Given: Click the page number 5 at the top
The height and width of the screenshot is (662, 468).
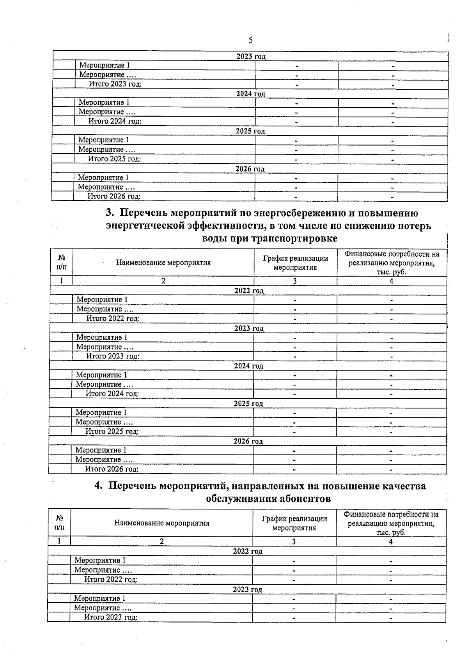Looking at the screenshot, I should click(x=250, y=40).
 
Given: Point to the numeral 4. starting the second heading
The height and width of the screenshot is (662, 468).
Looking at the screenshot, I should click(x=99, y=486).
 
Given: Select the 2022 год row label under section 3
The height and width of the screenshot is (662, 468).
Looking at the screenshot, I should click(x=249, y=291).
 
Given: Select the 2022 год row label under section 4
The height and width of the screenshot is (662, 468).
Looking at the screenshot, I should click(x=248, y=551).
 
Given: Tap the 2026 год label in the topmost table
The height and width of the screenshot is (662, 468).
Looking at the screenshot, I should click(x=250, y=169).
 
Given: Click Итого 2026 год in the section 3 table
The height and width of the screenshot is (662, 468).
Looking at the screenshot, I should click(x=112, y=469).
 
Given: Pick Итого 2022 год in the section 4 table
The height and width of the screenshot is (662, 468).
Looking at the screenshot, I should click(x=111, y=579).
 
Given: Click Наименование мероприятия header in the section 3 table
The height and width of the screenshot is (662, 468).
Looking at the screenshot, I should click(x=163, y=263).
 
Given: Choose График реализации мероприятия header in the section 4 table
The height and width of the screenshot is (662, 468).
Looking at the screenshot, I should click(x=294, y=523).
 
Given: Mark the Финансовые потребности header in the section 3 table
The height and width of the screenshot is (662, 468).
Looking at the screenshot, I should click(x=392, y=263).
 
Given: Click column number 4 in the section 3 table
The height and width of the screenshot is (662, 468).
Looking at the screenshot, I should click(x=391, y=281).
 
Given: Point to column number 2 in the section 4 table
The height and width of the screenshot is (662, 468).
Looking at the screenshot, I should click(x=161, y=541).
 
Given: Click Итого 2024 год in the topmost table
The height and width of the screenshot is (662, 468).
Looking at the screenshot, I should click(x=115, y=121).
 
